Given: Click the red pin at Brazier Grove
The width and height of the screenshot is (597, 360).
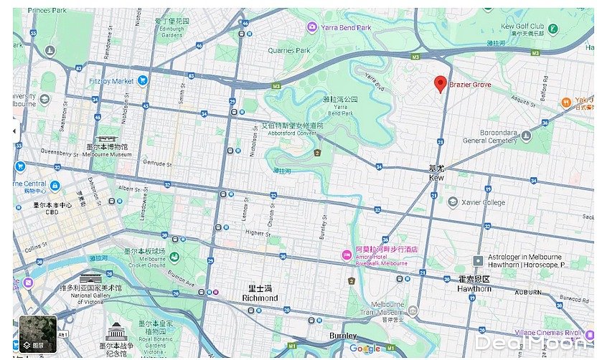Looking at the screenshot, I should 441,84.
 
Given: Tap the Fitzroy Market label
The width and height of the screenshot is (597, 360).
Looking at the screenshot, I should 111,81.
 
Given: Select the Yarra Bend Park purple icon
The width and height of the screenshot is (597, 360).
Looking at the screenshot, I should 311,27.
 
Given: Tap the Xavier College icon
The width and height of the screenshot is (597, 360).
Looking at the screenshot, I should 453,202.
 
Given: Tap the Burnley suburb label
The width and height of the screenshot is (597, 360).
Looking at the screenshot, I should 342,336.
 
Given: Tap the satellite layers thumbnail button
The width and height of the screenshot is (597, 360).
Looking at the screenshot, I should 37,334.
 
